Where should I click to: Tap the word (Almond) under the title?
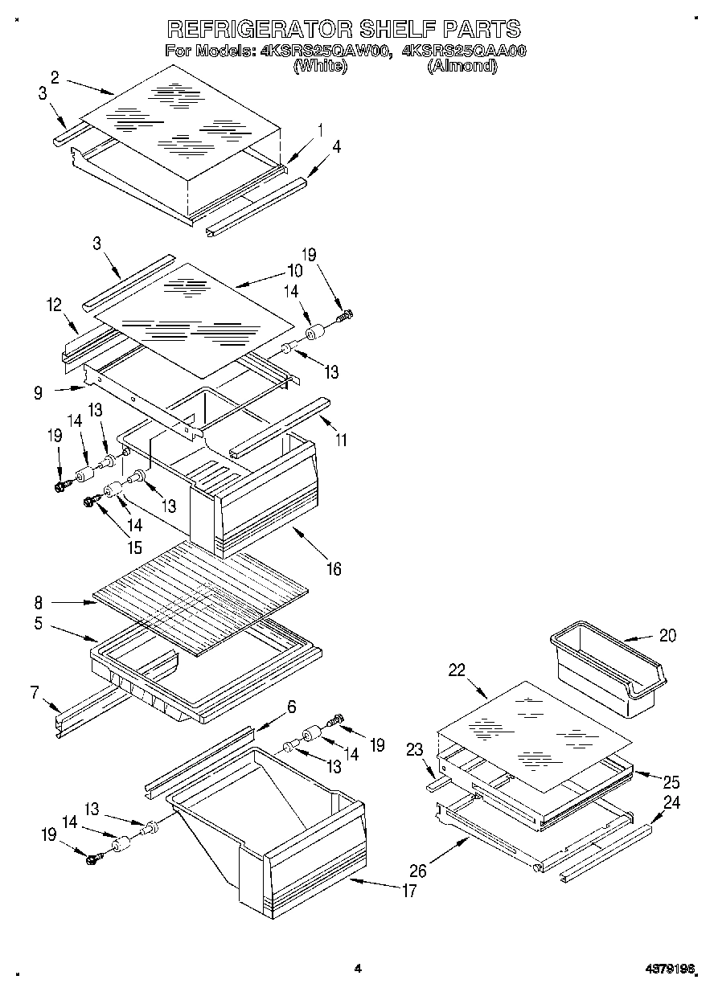tap(462, 67)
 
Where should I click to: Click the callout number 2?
tap(54, 77)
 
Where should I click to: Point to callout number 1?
tap(319, 129)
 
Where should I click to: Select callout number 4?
tap(336, 146)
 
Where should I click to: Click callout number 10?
tap(295, 270)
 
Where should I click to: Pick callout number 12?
tap(54, 305)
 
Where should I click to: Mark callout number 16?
tap(333, 569)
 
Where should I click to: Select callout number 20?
tap(667, 635)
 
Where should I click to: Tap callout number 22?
tap(458, 671)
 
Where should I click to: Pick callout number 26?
tap(417, 870)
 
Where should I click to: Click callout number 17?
tap(408, 890)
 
